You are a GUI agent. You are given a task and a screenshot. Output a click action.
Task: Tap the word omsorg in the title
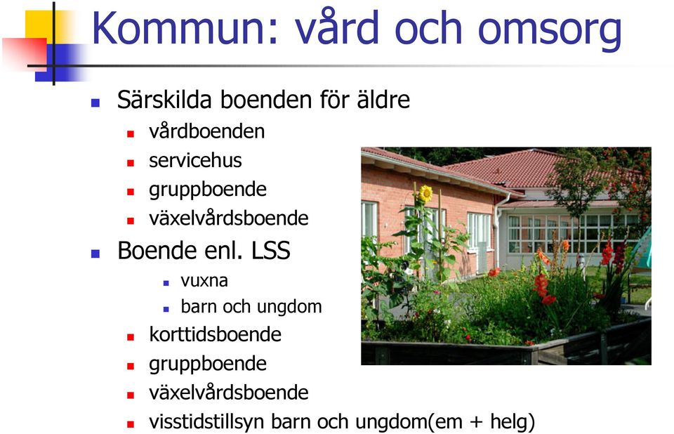550,31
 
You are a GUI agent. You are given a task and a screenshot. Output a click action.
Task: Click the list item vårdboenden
206,131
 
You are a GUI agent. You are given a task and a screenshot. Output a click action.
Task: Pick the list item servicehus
195,160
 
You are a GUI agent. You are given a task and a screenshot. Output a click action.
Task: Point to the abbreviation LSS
270,250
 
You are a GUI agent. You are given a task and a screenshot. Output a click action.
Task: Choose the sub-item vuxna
204,281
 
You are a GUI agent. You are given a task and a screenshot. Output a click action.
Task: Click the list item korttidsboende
215,334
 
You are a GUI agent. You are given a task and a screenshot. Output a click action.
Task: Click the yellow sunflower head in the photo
425,194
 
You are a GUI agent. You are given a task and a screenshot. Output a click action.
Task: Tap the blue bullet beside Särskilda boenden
95,103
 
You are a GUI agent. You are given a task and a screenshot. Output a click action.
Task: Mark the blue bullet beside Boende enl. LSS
95,254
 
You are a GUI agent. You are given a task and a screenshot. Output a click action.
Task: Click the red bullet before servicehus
131,163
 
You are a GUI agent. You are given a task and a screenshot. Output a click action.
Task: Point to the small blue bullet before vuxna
166,283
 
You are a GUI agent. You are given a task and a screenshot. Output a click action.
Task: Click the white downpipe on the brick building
498,232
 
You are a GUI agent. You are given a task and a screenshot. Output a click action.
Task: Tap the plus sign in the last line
476,422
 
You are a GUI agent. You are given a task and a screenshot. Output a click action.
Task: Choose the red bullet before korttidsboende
131,337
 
